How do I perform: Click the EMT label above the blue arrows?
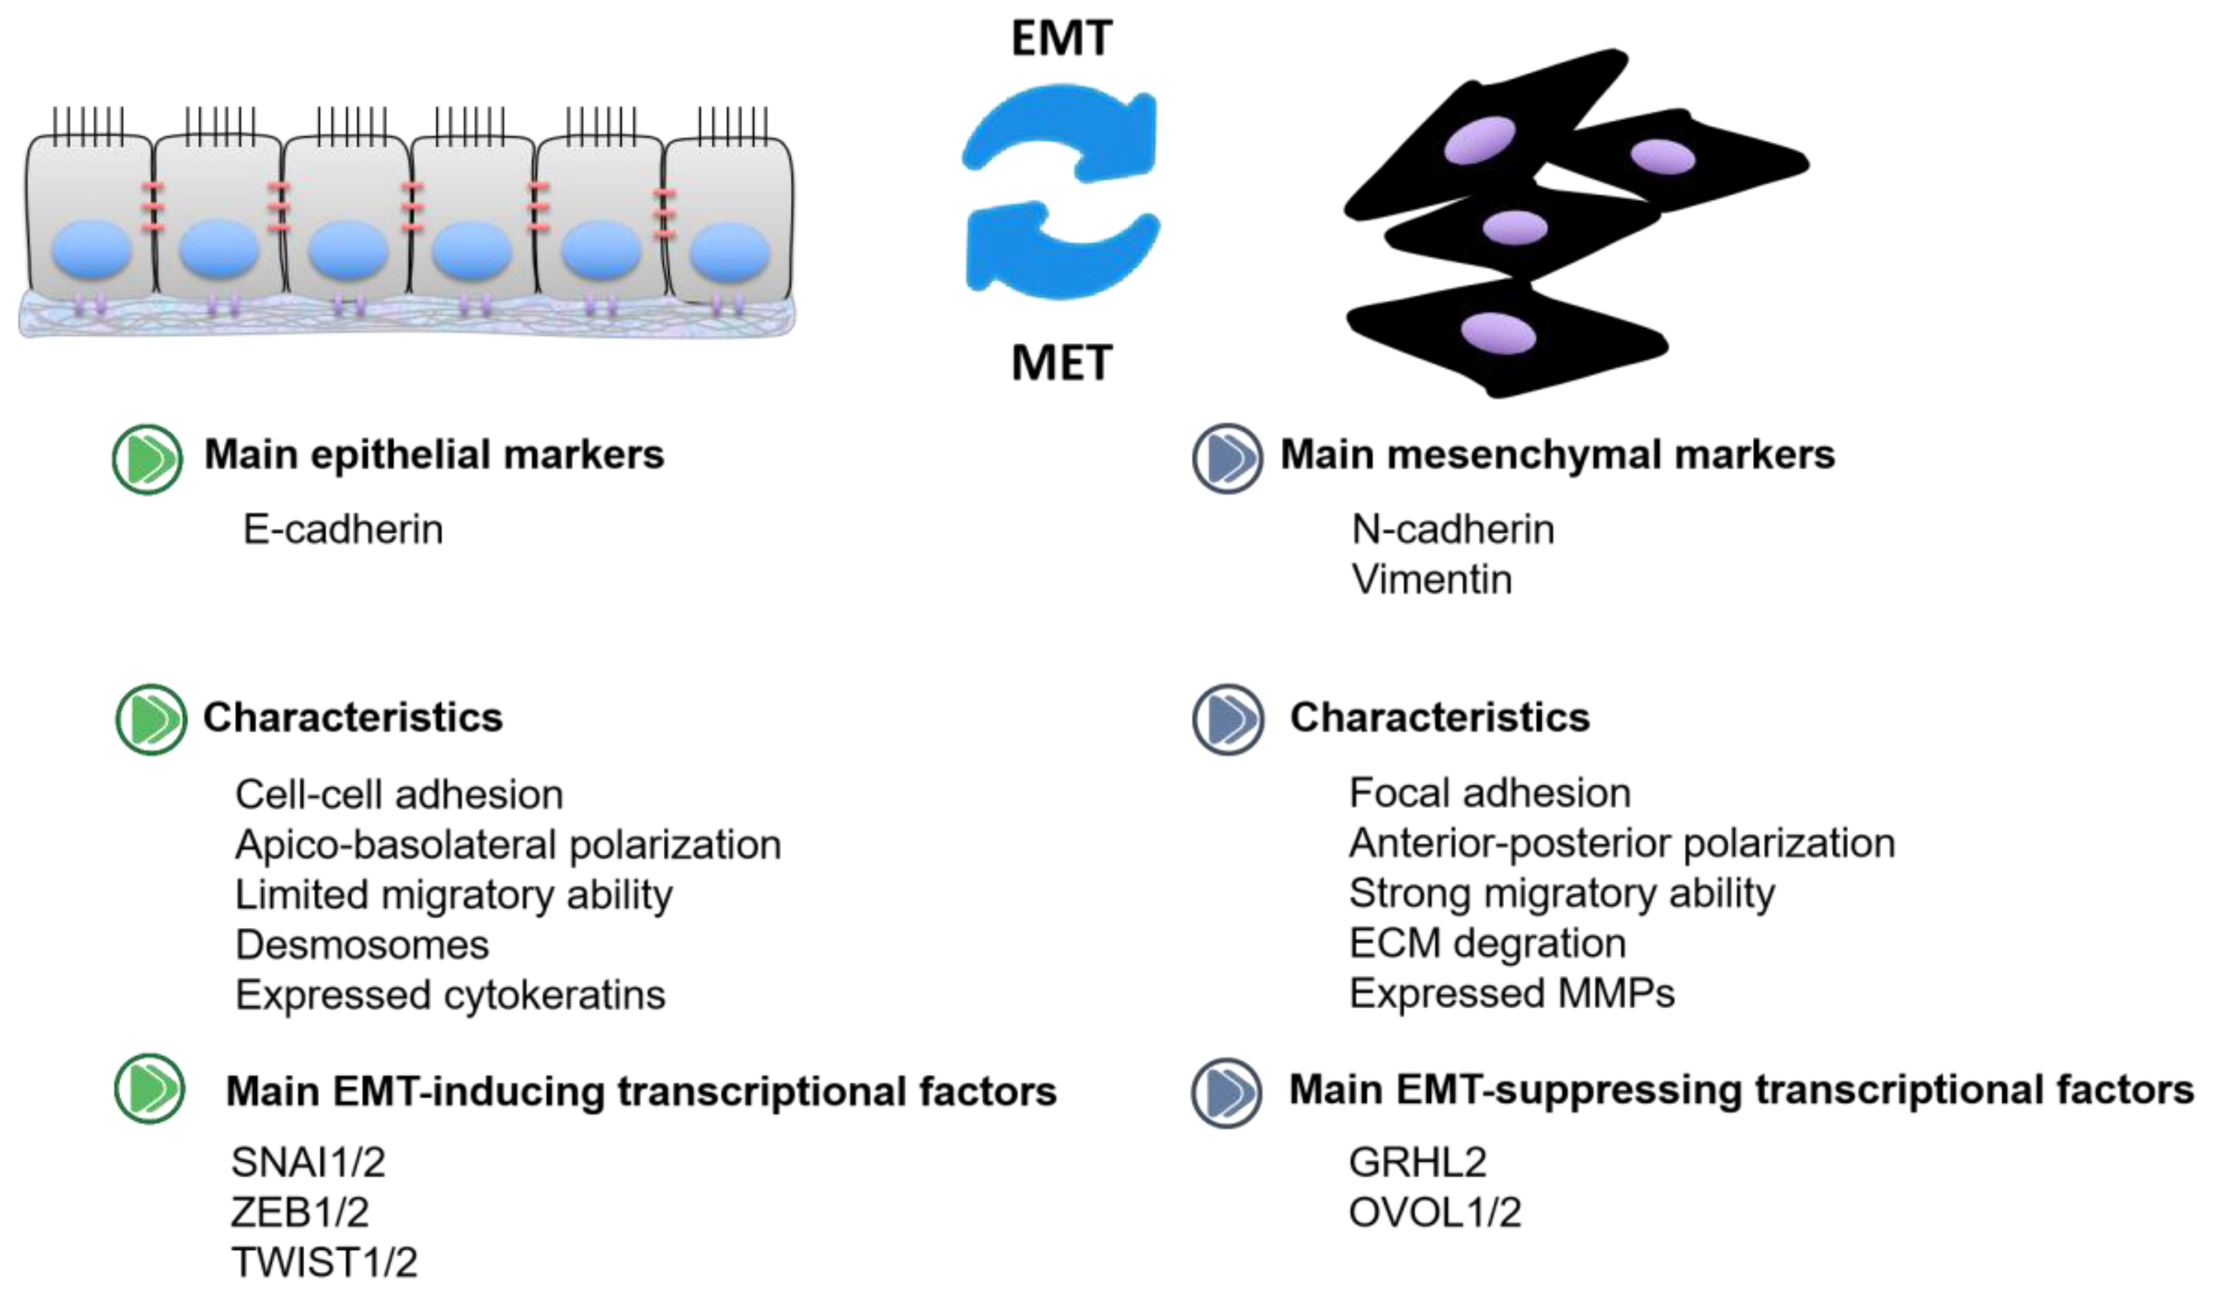pyautogui.click(x=1061, y=38)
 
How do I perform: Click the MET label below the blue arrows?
pyautogui.click(x=1061, y=363)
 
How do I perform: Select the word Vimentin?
pyautogui.click(x=1432, y=580)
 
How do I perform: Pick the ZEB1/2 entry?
pyautogui.click(x=300, y=1212)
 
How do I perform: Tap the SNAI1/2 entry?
pyautogui.click(x=308, y=1163)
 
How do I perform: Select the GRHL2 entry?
pyautogui.click(x=1417, y=1163)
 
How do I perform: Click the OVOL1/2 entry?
pyautogui.click(x=1434, y=1213)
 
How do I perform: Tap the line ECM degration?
pyautogui.click(x=1487, y=944)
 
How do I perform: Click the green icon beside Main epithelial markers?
pyautogui.click(x=147, y=459)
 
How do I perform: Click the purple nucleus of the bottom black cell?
pyautogui.click(x=1498, y=333)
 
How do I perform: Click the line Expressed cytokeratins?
pyautogui.click(x=450, y=995)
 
